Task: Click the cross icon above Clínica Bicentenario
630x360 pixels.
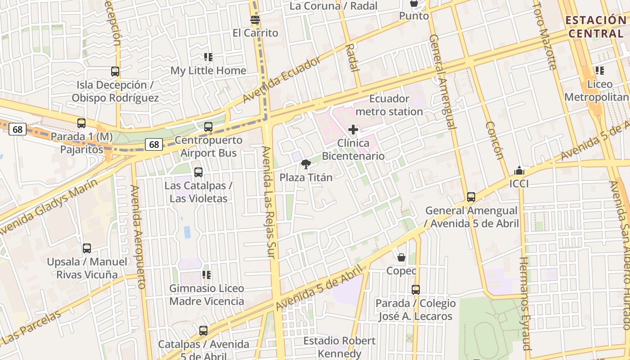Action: (353, 130)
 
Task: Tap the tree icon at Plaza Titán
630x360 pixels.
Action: (306, 164)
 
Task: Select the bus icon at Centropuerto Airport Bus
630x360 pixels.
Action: (208, 127)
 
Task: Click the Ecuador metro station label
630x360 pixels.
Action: (389, 105)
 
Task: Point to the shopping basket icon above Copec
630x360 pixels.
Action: (401, 257)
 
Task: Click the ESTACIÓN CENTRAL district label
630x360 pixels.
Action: (595, 27)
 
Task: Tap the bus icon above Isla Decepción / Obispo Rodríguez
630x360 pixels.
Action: (115, 71)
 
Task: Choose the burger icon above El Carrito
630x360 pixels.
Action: (255, 20)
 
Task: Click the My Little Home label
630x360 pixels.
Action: (208, 71)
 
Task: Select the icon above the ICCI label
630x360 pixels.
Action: (519, 171)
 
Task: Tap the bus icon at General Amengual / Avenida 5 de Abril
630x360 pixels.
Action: (471, 197)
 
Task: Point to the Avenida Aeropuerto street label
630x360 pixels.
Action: (138, 236)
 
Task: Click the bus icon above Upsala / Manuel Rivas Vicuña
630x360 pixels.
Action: (87, 248)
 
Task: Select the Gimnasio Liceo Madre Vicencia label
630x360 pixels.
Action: (207, 295)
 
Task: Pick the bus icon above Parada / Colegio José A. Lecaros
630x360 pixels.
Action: (416, 289)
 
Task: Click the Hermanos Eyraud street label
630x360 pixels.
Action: (526, 303)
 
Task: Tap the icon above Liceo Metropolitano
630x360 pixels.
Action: (600, 70)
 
